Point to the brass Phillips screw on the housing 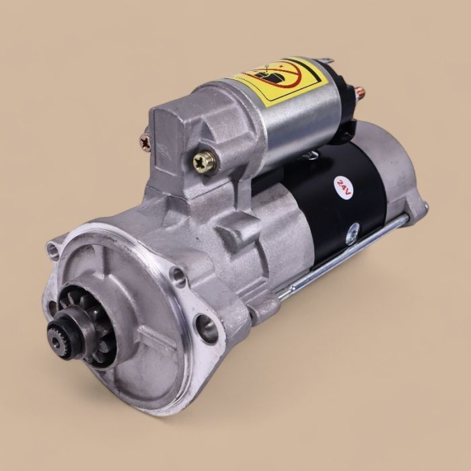tap(202, 161)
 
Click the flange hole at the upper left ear tap(52, 251)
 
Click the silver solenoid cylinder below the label tap(296, 124)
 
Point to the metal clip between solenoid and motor tap(310, 156)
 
